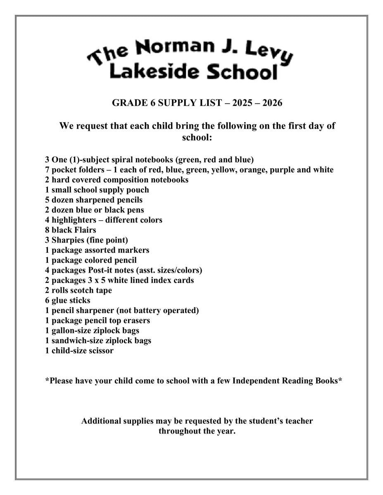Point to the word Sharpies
[x=66, y=240]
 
